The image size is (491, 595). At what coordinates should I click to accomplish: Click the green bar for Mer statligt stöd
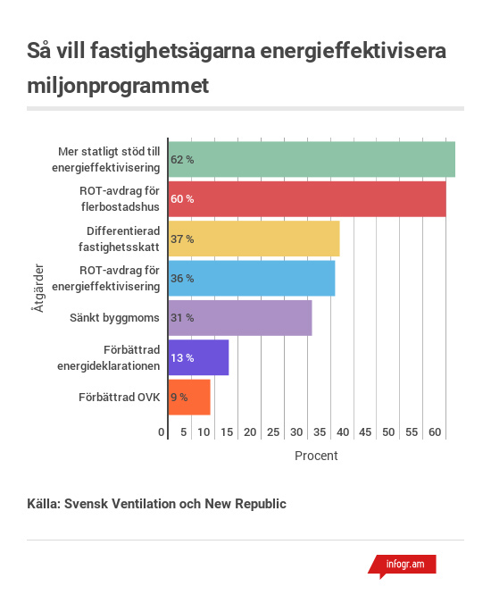[x=312, y=159]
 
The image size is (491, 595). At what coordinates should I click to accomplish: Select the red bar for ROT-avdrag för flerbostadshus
[x=307, y=199]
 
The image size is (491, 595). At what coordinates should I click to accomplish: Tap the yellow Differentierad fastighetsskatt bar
[x=254, y=239]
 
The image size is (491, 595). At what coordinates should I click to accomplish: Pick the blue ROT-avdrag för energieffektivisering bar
[x=252, y=278]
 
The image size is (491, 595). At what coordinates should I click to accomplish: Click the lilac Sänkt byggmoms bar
[x=240, y=318]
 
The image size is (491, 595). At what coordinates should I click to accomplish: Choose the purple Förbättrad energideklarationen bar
[x=199, y=357]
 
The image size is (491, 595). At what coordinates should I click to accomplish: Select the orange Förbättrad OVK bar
[x=189, y=397]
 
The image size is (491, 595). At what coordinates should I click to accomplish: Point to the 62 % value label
[x=182, y=160]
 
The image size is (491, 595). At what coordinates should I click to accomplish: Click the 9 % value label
[x=179, y=398]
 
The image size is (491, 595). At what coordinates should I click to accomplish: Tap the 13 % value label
[x=182, y=358]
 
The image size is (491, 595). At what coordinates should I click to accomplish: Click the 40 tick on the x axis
[x=343, y=432]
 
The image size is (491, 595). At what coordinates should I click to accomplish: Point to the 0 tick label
[x=162, y=432]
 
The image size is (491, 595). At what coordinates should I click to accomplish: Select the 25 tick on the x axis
[x=273, y=432]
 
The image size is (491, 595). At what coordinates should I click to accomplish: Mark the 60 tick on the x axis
[x=435, y=432]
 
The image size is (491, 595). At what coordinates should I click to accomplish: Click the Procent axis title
[x=316, y=456]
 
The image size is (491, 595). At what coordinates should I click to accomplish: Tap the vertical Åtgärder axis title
[x=37, y=288]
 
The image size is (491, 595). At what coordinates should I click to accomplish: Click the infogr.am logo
[x=403, y=566]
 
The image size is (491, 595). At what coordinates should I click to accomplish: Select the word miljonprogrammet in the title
[x=118, y=86]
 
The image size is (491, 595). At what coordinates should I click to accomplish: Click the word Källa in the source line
[x=44, y=504]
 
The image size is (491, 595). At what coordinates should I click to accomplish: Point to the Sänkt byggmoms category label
[x=114, y=318]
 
